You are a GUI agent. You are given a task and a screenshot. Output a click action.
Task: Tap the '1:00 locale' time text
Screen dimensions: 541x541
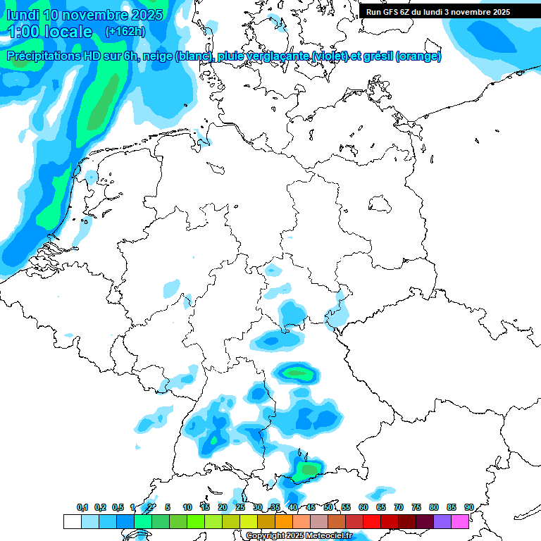click(49, 32)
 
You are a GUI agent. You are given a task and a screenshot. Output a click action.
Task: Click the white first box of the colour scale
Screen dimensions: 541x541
click(72, 521)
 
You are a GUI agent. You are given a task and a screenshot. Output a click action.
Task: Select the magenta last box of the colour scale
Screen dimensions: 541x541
click(460, 521)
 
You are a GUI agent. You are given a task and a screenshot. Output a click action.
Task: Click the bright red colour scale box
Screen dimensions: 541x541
click(372, 521)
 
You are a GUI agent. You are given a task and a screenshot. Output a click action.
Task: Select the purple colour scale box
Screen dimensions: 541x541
click(442, 521)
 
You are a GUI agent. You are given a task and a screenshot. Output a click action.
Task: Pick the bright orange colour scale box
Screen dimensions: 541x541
click(284, 521)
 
